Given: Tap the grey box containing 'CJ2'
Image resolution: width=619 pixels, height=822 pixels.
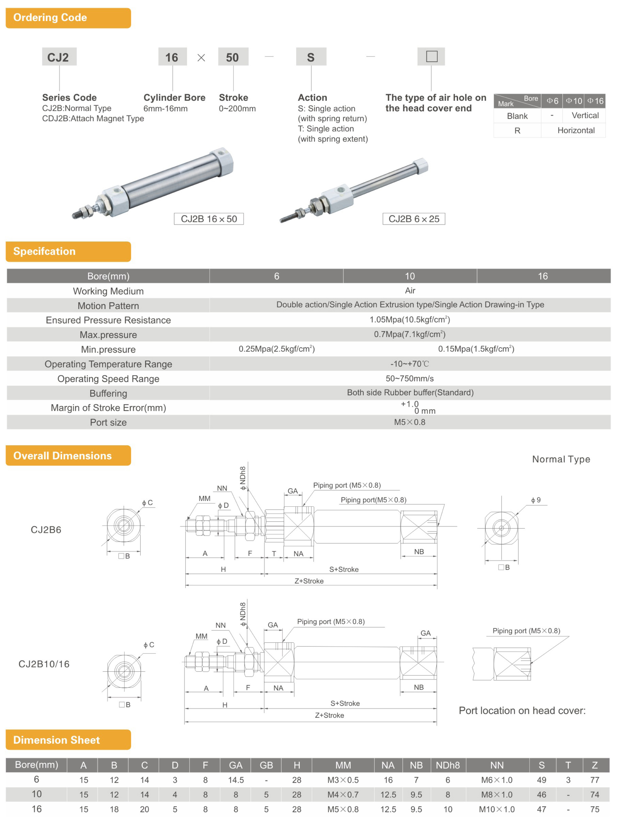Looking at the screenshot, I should (59, 57).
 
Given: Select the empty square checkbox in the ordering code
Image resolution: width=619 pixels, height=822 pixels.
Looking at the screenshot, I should (431, 57).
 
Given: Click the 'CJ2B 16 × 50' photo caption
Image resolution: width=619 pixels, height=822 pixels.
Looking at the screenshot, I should (209, 219).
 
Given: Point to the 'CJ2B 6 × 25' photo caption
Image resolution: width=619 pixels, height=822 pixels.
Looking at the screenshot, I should (414, 219).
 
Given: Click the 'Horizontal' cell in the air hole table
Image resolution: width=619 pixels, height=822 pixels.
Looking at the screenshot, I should (576, 130).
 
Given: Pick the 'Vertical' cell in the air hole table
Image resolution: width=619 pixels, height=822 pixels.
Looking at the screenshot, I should (585, 116).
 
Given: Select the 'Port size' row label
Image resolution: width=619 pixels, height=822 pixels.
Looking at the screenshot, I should (108, 423).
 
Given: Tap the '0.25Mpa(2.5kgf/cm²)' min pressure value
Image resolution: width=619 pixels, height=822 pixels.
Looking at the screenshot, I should (277, 349).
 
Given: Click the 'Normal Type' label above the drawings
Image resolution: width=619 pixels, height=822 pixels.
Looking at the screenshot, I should (561, 459).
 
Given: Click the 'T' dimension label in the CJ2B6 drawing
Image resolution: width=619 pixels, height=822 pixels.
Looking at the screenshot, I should (274, 554).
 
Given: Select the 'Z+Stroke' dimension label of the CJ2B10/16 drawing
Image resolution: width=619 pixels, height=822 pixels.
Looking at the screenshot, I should (329, 715).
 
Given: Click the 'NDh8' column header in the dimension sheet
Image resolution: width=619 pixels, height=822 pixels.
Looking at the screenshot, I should (448, 765).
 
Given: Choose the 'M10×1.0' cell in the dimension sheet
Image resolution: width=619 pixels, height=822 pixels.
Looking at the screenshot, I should (497, 810).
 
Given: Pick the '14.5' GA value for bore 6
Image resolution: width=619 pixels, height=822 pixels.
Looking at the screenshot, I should (236, 780).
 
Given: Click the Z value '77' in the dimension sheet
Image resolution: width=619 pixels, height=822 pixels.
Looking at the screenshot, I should (595, 780).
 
